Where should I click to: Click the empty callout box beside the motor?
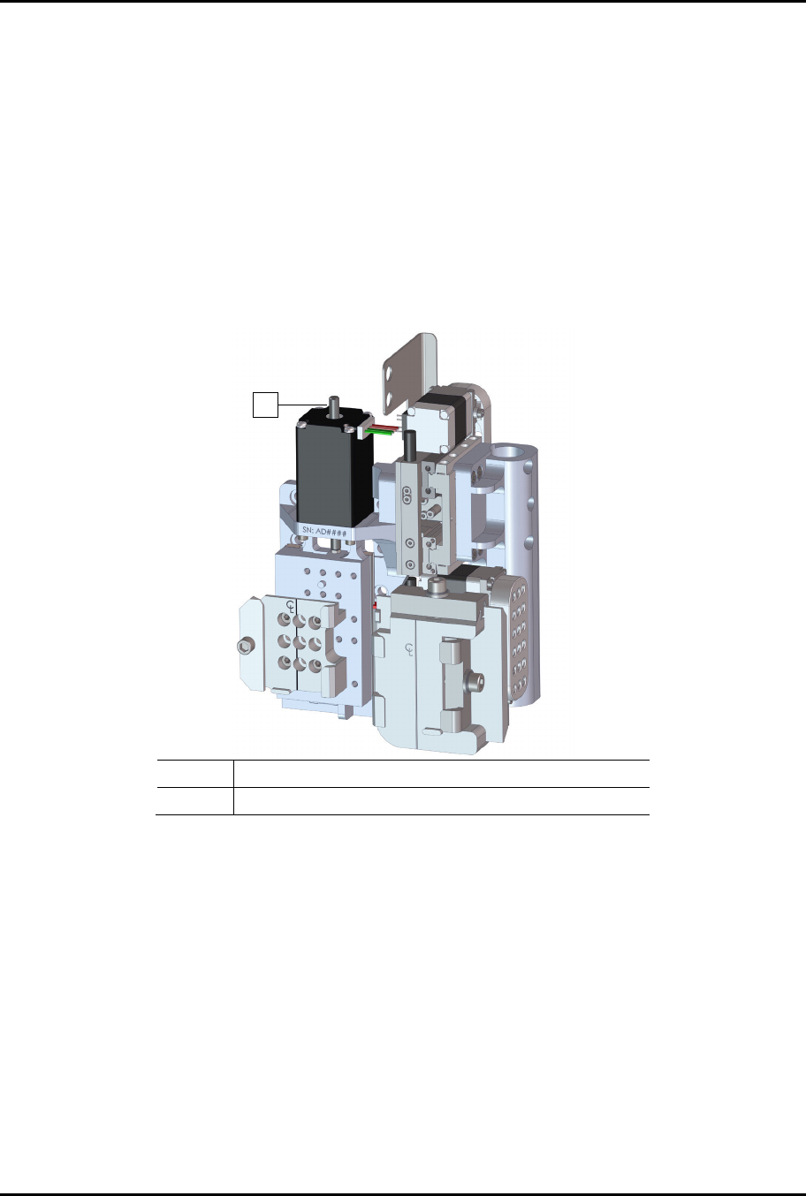click(x=265, y=405)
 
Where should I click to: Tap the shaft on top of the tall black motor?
click(x=334, y=406)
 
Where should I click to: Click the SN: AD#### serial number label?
click(x=324, y=531)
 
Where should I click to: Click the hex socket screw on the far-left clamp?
click(x=245, y=647)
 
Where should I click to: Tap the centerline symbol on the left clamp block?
click(x=291, y=606)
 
